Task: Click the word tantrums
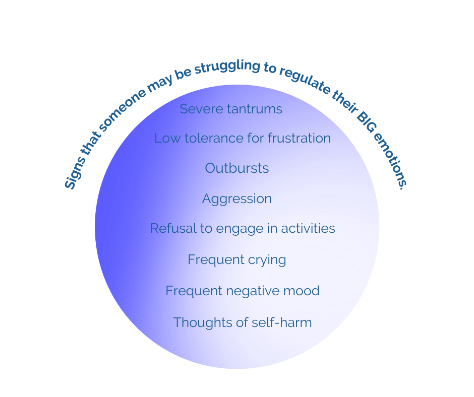[254, 109]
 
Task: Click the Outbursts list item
[236, 168]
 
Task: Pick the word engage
[240, 229]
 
